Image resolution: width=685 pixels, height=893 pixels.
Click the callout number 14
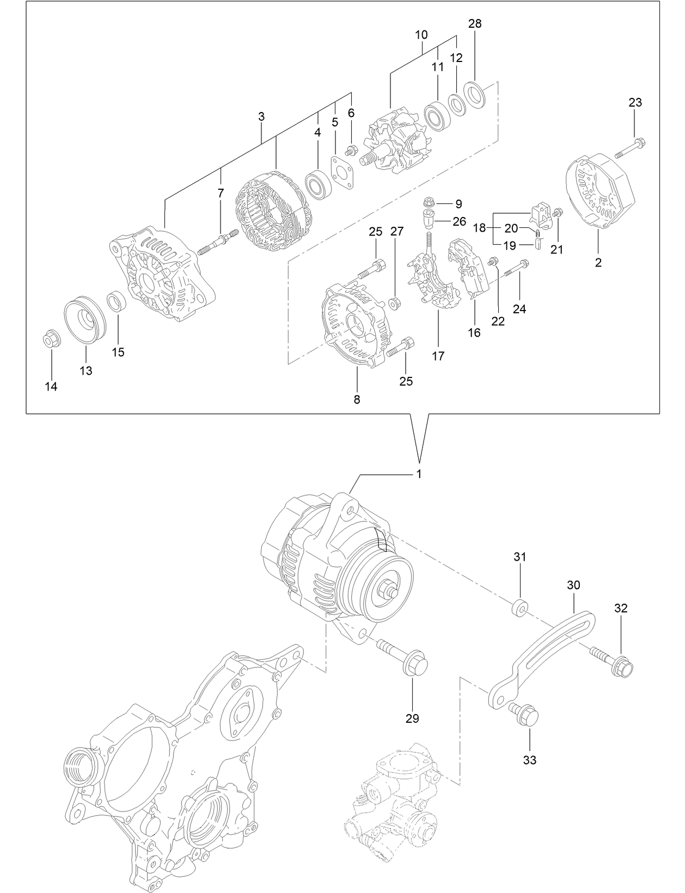[x=51, y=387]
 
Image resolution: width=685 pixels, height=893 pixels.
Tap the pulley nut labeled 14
[x=51, y=340]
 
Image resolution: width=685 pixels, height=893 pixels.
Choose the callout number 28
[x=475, y=23]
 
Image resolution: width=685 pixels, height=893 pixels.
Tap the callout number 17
[x=438, y=356]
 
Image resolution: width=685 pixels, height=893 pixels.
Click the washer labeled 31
[x=520, y=607]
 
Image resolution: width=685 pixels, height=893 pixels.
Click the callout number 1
[x=419, y=474]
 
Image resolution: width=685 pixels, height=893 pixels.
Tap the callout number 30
[x=573, y=585]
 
